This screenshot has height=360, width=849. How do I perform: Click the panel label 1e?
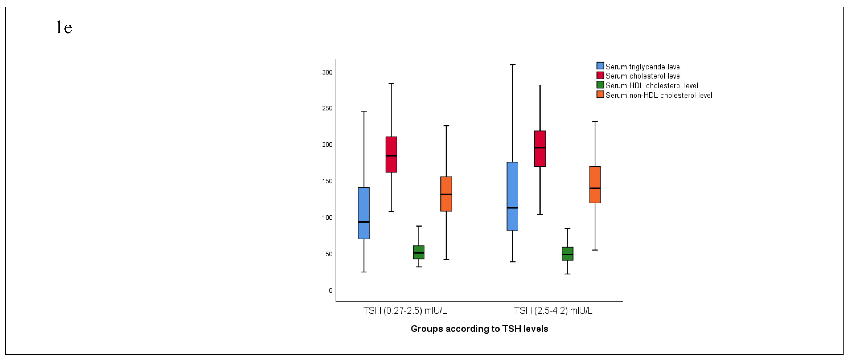64,27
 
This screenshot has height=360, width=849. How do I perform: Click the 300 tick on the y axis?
327,72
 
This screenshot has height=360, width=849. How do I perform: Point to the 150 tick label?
327,181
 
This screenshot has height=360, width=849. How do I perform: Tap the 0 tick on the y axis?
331,290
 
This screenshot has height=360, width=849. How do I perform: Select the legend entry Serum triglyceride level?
643,67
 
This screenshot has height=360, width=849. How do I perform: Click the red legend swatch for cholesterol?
600,76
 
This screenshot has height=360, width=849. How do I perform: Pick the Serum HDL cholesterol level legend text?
652,86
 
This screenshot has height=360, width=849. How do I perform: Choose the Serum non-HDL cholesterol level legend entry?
658,95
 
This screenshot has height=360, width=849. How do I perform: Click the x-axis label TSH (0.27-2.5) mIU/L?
405,311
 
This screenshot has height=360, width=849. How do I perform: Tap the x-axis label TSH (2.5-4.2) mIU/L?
553,311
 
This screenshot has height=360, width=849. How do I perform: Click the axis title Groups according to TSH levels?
479,329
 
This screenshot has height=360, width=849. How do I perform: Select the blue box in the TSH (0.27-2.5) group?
364,213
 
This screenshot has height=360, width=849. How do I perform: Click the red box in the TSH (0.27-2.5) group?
391,154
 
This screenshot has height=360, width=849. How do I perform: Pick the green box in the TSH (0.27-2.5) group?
419,252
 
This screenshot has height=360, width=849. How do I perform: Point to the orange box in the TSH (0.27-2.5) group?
446,194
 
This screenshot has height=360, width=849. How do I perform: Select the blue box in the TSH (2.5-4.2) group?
513,196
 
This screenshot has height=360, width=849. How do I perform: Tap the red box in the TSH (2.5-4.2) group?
540,149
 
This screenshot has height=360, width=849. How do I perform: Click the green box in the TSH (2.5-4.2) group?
567,254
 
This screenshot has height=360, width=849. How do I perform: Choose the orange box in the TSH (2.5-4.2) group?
595,185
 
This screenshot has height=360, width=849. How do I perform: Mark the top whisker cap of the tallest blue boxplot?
513,65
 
